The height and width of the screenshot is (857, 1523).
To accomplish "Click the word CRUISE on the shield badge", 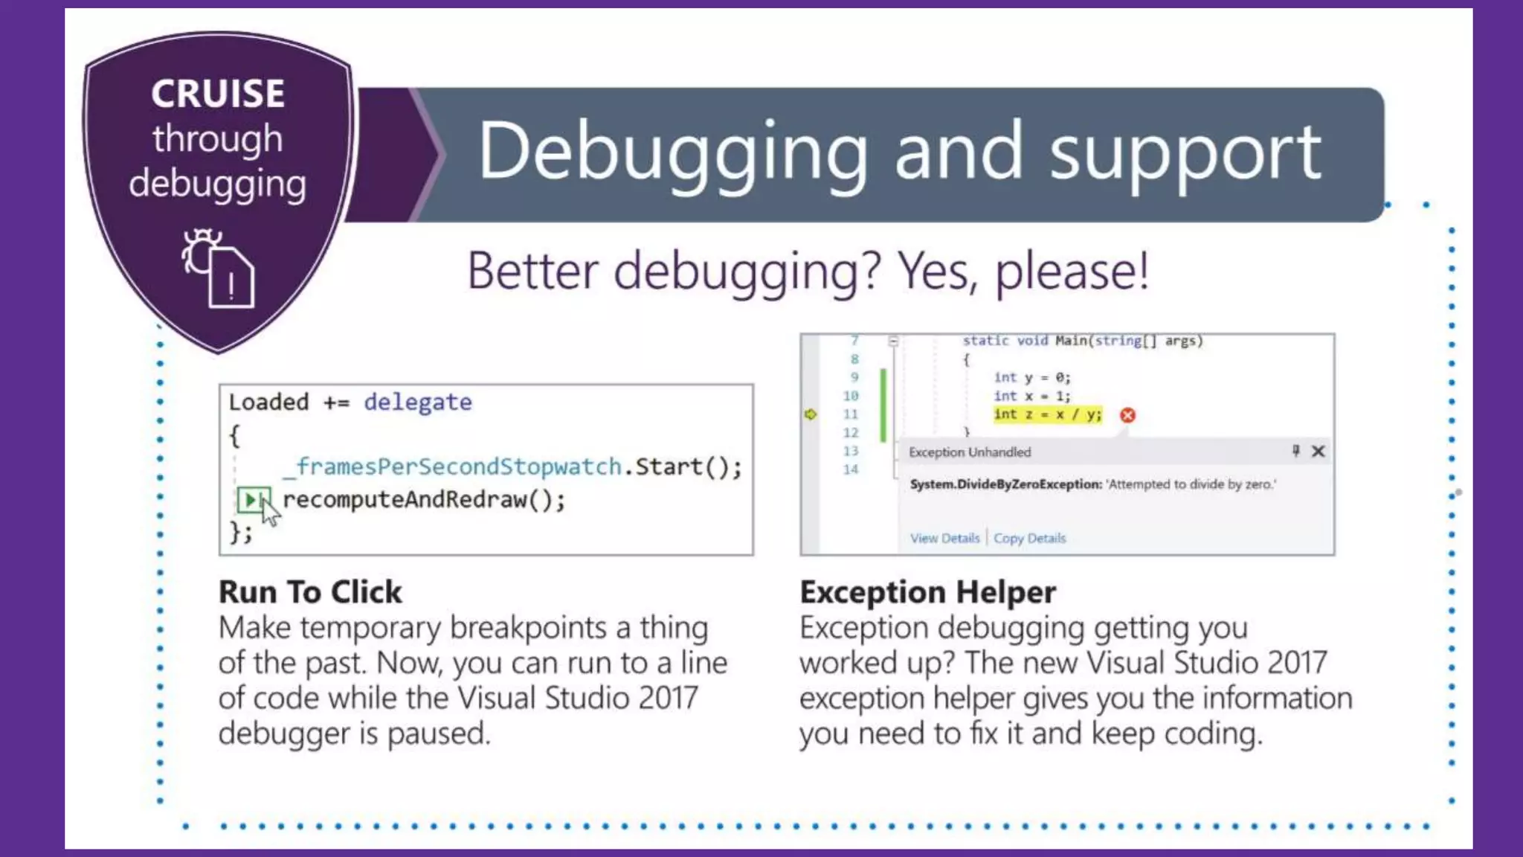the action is [218, 94].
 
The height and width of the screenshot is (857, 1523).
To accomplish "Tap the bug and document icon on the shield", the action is [218, 268].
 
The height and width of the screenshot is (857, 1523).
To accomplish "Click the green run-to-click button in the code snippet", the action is [252, 499].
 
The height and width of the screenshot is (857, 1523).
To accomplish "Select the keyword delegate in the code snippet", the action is [417, 402].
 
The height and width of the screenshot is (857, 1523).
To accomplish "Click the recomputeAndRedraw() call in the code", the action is [424, 499].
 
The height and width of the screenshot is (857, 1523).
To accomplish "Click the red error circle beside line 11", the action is [1127, 415].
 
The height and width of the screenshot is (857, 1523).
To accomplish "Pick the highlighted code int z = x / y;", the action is [1047, 414].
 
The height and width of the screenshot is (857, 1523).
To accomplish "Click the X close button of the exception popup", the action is [1318, 452].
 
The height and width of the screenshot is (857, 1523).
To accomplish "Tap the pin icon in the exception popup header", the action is [1295, 451].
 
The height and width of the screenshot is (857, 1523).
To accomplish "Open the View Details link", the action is [944, 538].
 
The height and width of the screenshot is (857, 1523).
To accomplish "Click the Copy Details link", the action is [1029, 538].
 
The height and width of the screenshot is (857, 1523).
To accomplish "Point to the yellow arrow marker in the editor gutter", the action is [811, 414].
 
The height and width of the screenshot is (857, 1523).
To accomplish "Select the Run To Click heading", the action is [310, 592].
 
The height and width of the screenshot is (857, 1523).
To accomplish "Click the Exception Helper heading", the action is [927, 592].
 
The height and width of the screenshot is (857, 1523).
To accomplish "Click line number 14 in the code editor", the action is [851, 469].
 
